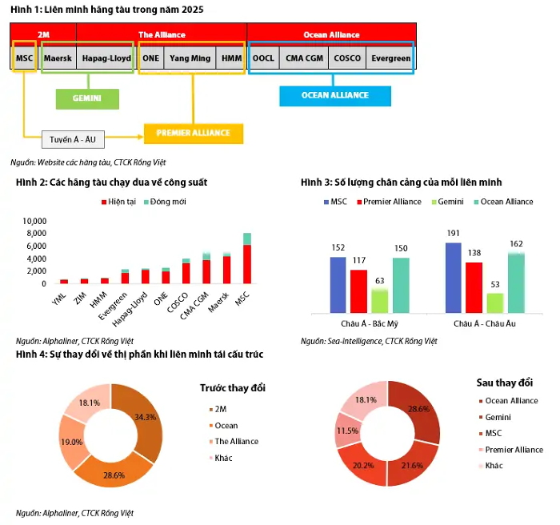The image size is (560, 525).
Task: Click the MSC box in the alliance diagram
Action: [24, 58]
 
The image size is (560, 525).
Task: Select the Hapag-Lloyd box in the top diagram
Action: [106, 58]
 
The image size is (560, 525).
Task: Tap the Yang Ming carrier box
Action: [190, 58]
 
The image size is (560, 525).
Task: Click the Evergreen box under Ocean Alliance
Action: [390, 58]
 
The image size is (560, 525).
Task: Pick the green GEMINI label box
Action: [88, 98]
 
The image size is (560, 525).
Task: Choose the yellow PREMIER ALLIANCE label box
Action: [193, 133]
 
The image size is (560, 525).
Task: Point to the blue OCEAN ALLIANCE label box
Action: [335, 95]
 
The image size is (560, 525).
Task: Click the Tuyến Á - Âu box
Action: [73, 139]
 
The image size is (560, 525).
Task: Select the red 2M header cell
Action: [43, 34]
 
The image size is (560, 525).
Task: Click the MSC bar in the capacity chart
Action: [247, 258]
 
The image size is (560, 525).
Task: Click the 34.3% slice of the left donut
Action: [143, 416]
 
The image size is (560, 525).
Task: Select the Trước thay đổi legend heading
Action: [233, 388]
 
